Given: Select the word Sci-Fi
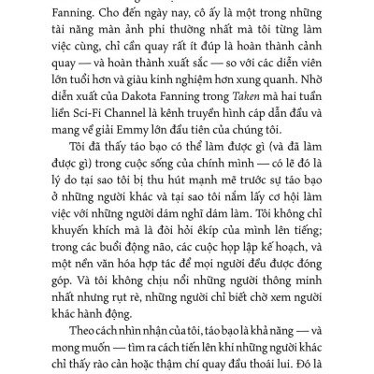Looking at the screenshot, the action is click(79, 141).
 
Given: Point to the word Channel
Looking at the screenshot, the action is click(129, 141).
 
